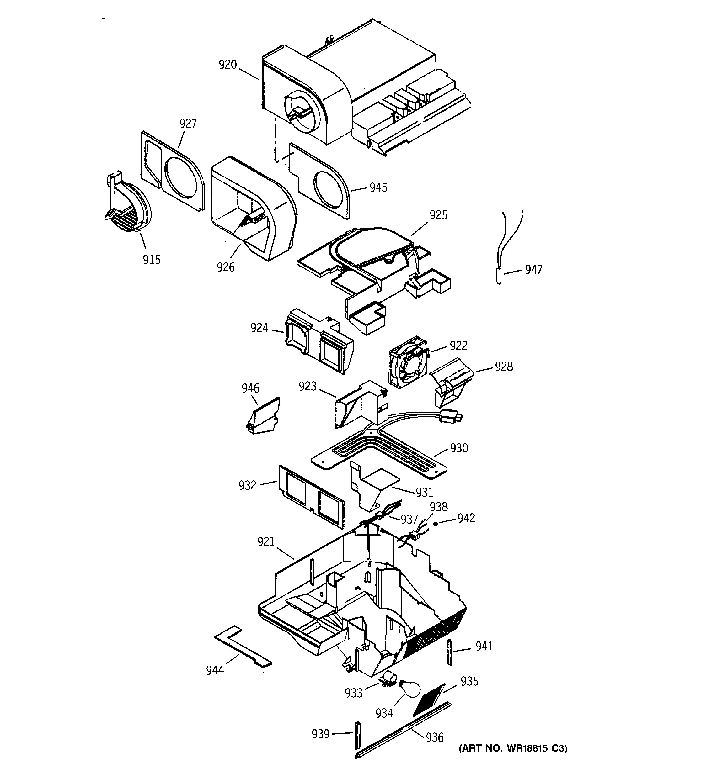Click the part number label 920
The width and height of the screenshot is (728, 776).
coord(227,64)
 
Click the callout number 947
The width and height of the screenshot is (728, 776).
coord(533,269)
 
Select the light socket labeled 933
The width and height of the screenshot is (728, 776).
coord(388,678)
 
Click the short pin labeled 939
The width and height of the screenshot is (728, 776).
coord(357,735)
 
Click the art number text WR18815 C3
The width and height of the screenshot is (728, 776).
coord(513,748)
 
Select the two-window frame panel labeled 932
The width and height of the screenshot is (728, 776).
coord(312,496)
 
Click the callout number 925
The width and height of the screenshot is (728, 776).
coord(438,215)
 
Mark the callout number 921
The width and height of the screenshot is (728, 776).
coord(266,541)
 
